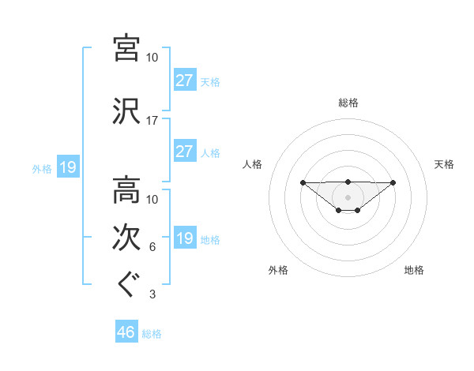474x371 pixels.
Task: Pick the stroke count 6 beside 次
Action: click(152, 248)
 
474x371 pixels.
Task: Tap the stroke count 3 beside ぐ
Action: click(152, 295)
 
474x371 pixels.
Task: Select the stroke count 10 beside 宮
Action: click(152, 58)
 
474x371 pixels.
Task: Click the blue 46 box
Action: click(126, 332)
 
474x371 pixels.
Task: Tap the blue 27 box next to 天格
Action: click(184, 81)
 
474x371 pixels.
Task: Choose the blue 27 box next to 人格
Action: click(184, 152)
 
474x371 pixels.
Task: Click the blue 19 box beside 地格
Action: click(184, 238)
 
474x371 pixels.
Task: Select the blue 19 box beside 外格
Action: click(67, 167)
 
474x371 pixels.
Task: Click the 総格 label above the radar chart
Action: click(348, 103)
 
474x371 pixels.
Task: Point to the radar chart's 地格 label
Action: click(414, 271)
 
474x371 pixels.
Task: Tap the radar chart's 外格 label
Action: click(278, 271)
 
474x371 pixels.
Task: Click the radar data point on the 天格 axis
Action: click(393, 182)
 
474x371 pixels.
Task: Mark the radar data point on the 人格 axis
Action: click(303, 182)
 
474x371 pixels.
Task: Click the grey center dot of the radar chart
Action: click(348, 197)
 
